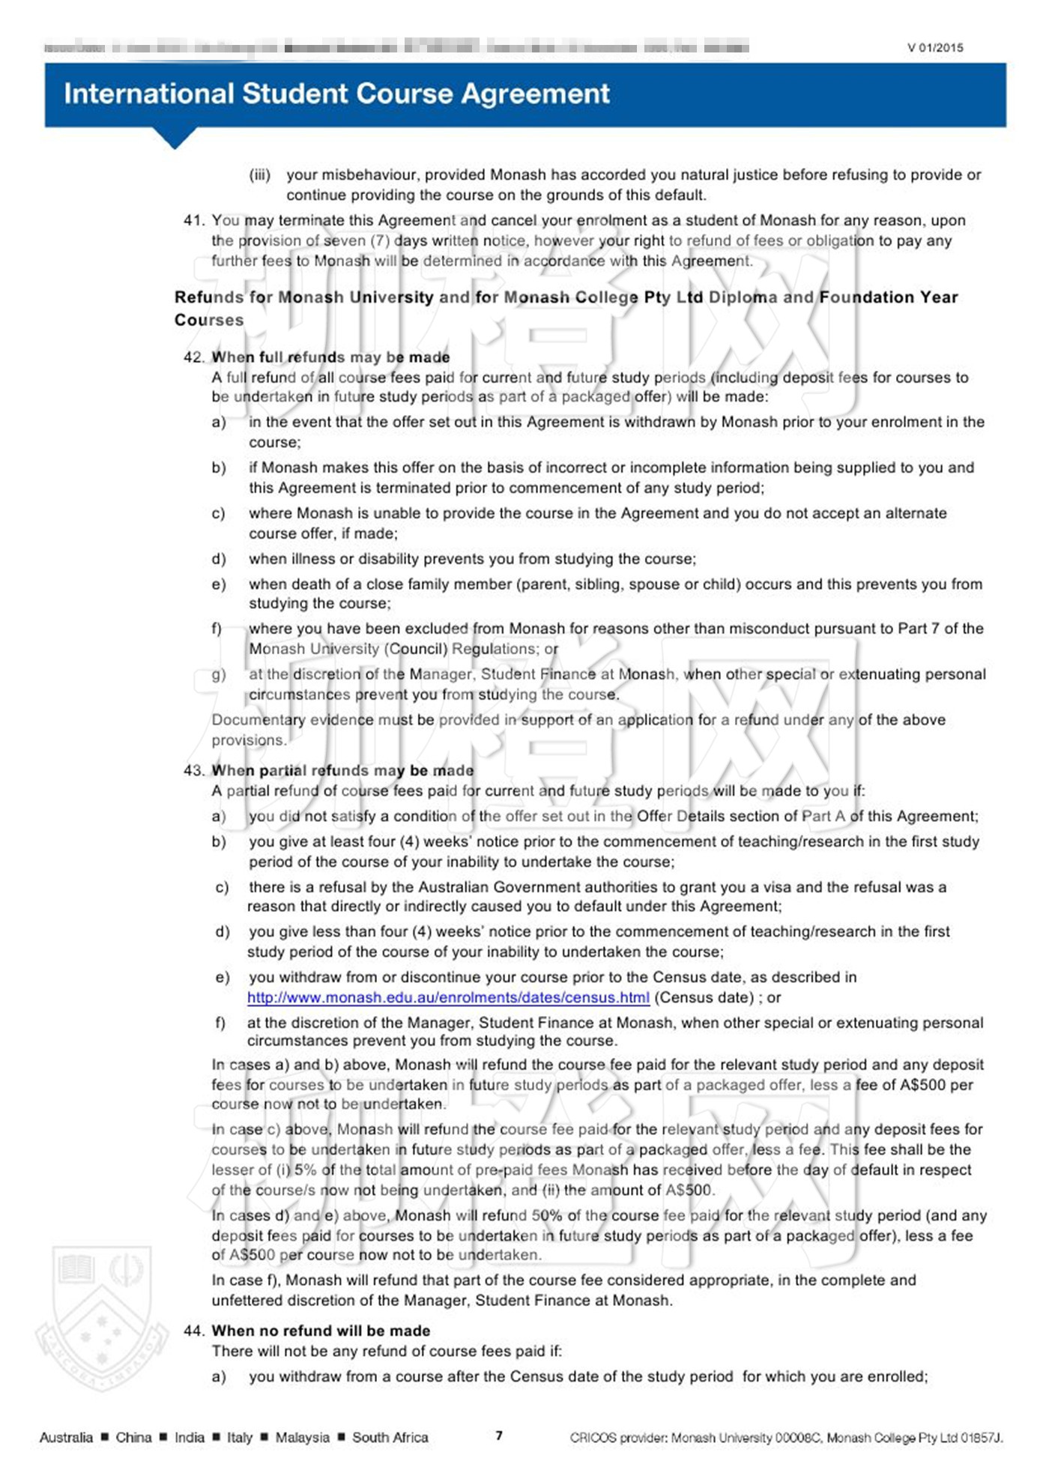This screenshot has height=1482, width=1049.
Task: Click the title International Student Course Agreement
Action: coord(336,94)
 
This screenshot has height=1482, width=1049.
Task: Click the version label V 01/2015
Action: coord(934,48)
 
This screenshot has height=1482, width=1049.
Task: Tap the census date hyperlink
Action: coord(448,997)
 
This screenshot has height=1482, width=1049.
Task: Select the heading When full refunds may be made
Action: coord(330,357)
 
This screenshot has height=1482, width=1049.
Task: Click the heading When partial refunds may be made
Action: coord(342,770)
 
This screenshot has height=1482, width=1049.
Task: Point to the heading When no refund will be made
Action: coord(321,1331)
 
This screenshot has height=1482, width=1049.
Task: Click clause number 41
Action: coord(193,220)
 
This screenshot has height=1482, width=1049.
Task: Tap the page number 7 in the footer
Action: coord(499,1436)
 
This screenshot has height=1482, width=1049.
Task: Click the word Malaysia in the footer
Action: coord(302,1437)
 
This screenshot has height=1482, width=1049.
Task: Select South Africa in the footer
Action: coord(390,1437)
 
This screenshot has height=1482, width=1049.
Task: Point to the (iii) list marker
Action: coord(259,175)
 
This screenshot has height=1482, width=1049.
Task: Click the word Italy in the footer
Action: coord(239,1437)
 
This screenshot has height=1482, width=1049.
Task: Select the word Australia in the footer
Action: coord(66,1437)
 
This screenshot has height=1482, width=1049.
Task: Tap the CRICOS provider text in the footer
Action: coord(786,1437)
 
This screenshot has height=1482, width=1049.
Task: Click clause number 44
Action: coord(193,1331)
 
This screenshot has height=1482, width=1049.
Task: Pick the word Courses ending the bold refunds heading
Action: coord(209,320)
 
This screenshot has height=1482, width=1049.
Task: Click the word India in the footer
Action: coord(189,1437)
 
